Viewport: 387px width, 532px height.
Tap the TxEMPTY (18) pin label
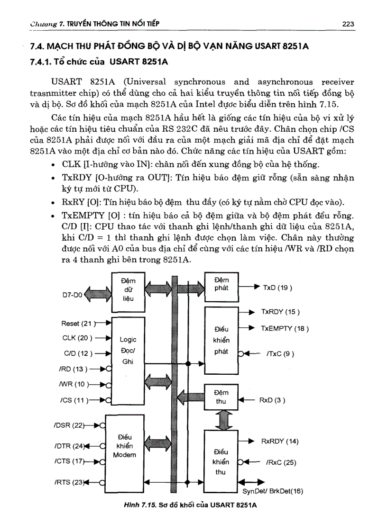point(285,328)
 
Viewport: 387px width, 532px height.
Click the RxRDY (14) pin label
point(280,441)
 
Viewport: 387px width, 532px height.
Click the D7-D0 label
point(73,294)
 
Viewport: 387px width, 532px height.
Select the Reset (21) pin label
point(76,324)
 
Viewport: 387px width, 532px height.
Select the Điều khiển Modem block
point(124,446)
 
